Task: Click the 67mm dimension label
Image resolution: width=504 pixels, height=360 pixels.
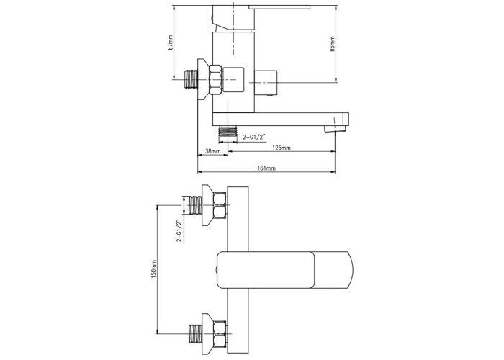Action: click(x=171, y=42)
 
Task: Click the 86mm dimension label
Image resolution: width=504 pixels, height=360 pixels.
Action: click(x=333, y=44)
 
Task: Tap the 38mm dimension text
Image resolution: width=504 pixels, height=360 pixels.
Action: click(x=213, y=151)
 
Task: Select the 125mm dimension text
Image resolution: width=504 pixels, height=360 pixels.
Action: click(x=282, y=148)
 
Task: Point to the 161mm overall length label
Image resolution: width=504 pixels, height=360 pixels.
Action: click(x=266, y=168)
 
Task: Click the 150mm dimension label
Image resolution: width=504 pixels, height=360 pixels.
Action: click(x=153, y=269)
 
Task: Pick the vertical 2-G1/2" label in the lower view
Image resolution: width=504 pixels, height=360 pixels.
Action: click(x=179, y=230)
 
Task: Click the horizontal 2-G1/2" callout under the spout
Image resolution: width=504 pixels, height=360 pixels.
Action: click(x=255, y=138)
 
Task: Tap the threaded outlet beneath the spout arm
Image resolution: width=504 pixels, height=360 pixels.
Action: click(x=228, y=132)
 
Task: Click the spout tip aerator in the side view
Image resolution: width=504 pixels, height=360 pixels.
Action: click(x=335, y=129)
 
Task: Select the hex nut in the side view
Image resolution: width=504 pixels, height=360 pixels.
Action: click(x=216, y=80)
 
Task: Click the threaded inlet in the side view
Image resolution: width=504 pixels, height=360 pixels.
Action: click(x=192, y=79)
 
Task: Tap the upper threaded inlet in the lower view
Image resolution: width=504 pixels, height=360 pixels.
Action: click(x=195, y=205)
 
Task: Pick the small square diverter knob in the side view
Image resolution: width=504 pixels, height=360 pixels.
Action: click(x=266, y=83)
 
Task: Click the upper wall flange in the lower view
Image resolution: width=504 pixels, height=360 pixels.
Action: click(x=207, y=205)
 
